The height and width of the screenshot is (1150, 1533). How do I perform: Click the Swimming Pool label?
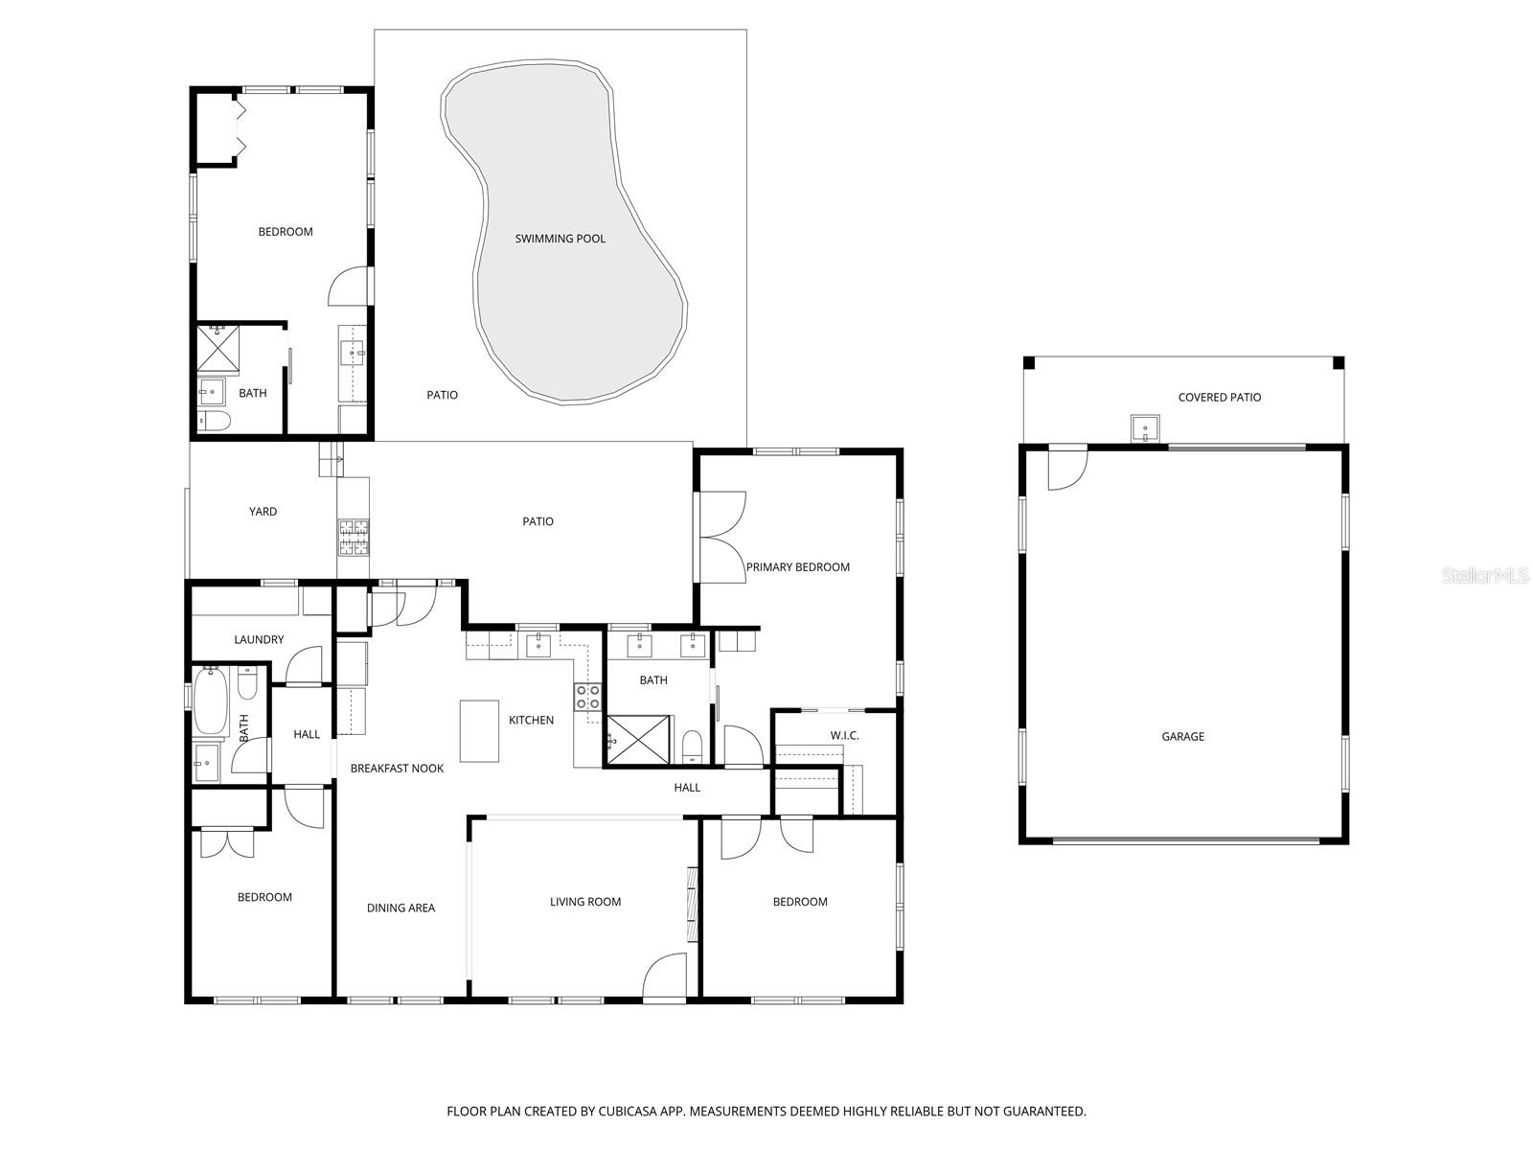coord(561,239)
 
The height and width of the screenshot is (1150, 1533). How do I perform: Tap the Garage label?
coord(1183,736)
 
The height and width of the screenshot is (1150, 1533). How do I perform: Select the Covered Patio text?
coord(1220,397)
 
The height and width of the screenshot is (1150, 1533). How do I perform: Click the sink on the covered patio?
coord(1145,426)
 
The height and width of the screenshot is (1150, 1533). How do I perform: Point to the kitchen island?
coord(479,730)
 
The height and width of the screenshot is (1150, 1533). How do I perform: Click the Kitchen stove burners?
coord(587,697)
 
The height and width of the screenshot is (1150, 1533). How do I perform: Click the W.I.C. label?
coord(845,735)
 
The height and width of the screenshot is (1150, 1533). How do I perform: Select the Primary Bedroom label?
coord(798,566)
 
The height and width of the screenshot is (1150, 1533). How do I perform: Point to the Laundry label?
coord(259,639)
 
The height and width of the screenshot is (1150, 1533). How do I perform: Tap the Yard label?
coord(263,512)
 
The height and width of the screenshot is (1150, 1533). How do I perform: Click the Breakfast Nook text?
coord(397,768)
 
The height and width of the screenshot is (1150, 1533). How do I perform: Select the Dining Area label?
coord(400,908)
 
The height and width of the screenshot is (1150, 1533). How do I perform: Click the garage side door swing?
coord(1065,468)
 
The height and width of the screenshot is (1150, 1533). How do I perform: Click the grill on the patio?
coord(353,537)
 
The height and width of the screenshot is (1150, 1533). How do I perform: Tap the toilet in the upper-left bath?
coord(214,421)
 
